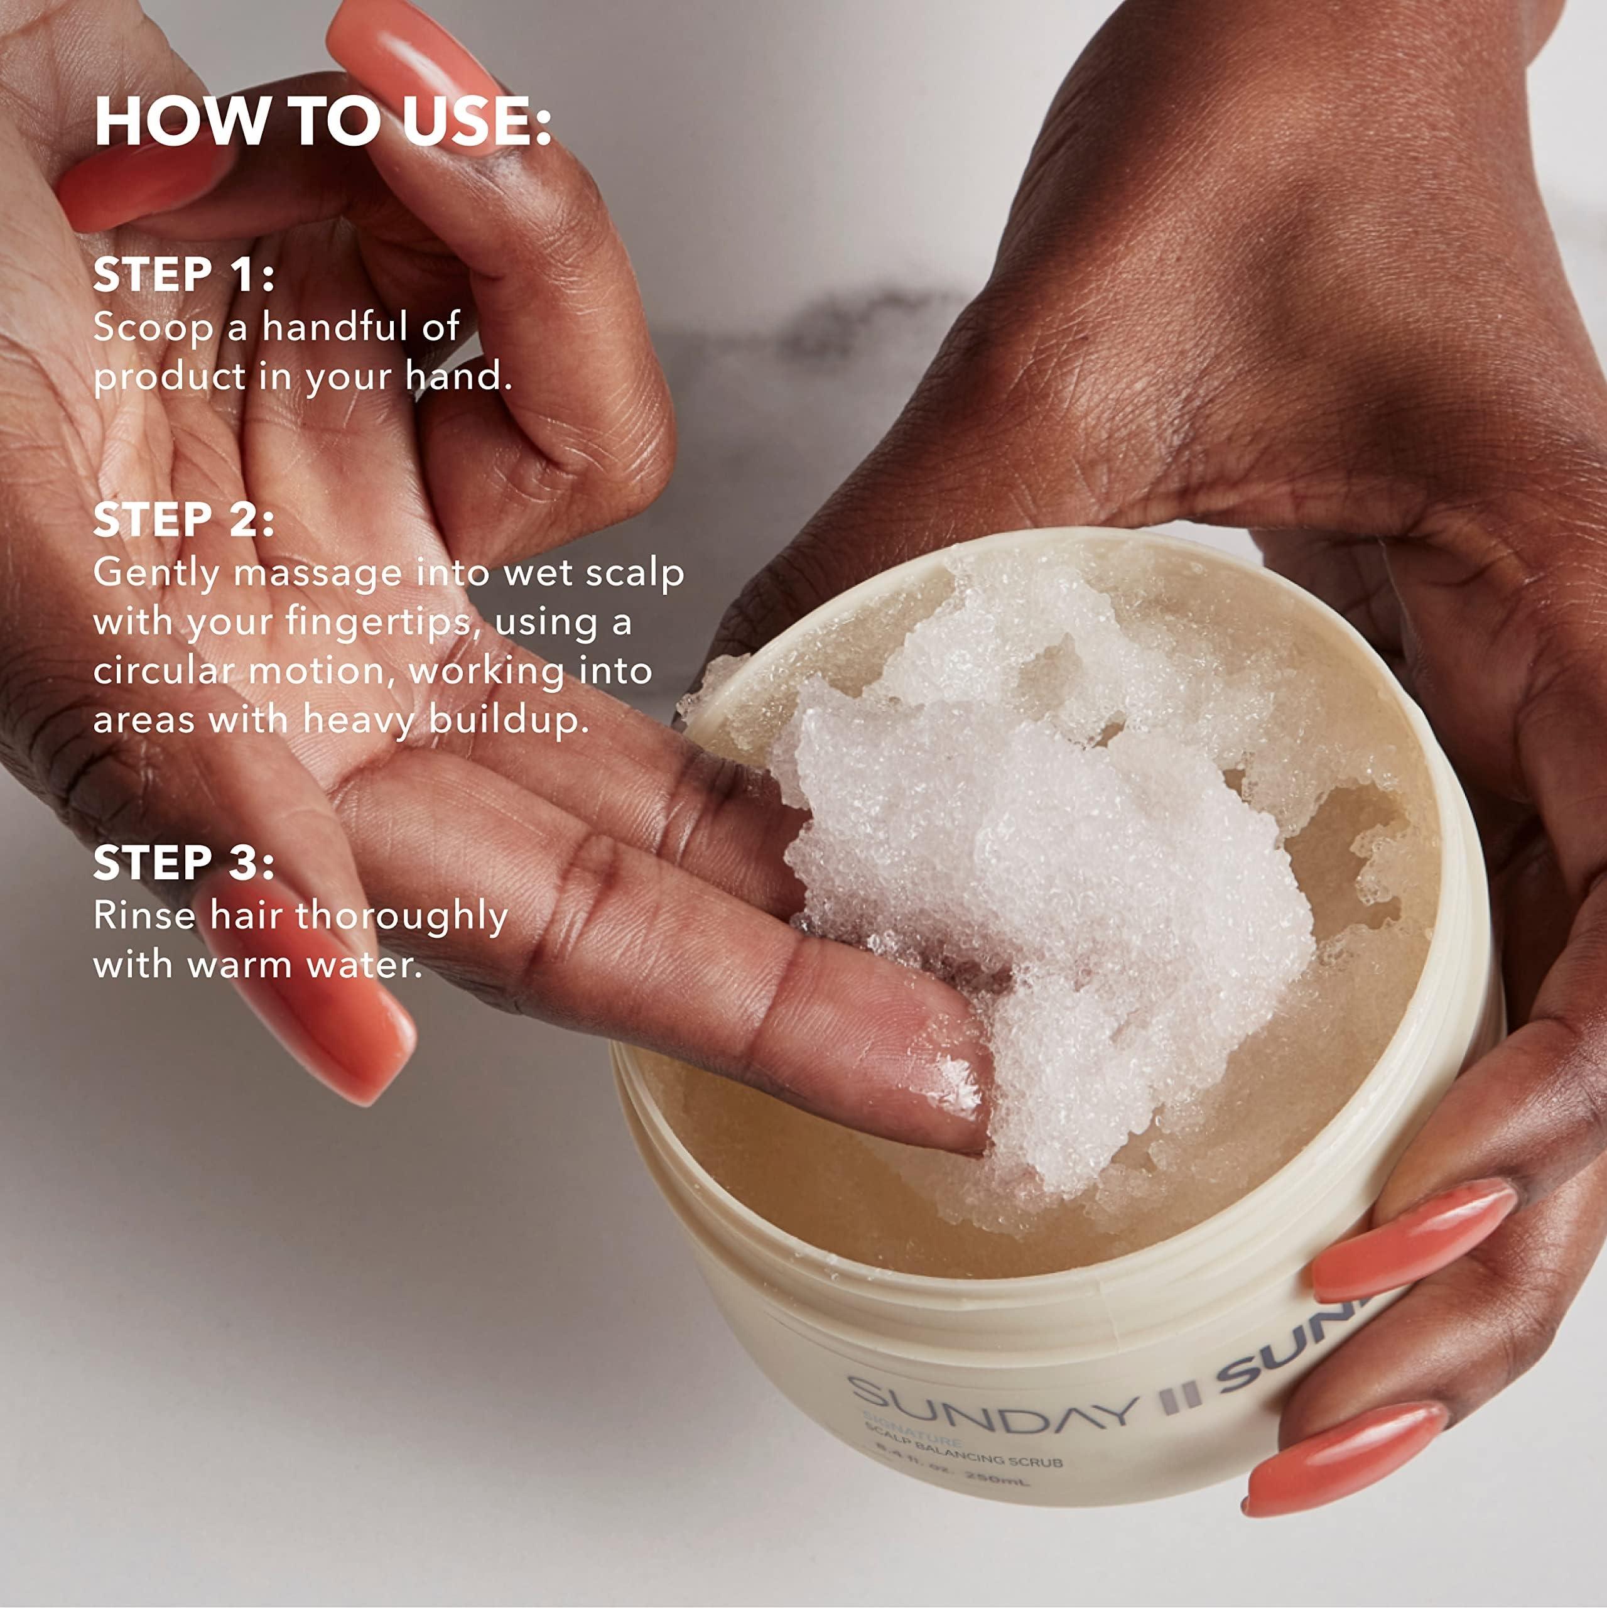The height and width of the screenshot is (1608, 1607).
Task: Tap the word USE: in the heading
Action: pyautogui.click(x=477, y=123)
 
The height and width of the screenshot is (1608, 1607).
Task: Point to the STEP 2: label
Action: pyautogui.click(x=184, y=519)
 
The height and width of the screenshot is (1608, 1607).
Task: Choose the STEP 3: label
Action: pyautogui.click(x=184, y=862)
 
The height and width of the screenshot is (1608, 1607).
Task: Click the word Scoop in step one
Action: pyautogui.click(x=153, y=327)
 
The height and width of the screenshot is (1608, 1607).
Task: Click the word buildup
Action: pyautogui.click(x=509, y=719)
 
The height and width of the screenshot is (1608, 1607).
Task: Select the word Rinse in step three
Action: pyautogui.click(x=143, y=916)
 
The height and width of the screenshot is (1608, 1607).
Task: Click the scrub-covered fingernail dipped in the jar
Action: pyautogui.click(x=957, y=1090)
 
